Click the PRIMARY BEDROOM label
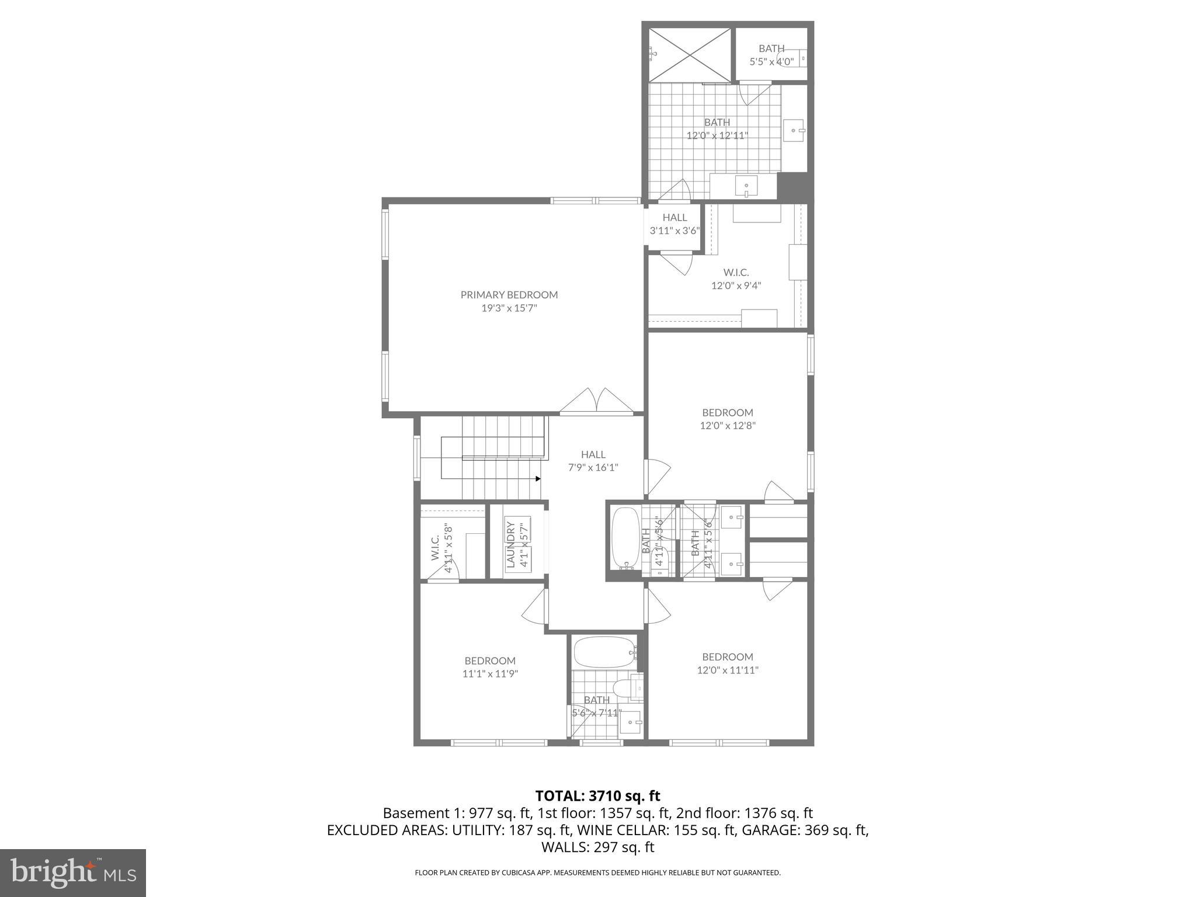coord(509,295)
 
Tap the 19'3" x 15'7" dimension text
coord(509,308)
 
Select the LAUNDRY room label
coord(510,544)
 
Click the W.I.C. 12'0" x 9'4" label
coord(736,279)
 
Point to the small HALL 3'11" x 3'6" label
coord(675,224)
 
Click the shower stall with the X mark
coord(690,55)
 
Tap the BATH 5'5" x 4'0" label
coord(771,54)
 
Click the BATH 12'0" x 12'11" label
coord(717,128)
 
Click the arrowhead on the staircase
coord(537,478)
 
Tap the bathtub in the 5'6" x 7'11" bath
coord(604,652)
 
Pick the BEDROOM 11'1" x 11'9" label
coord(490,667)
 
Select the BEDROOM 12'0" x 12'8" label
coord(728,419)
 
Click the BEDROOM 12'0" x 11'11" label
coord(728,663)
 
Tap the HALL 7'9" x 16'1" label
coord(593,461)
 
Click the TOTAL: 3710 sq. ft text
coord(597,795)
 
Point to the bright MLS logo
coord(73,872)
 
